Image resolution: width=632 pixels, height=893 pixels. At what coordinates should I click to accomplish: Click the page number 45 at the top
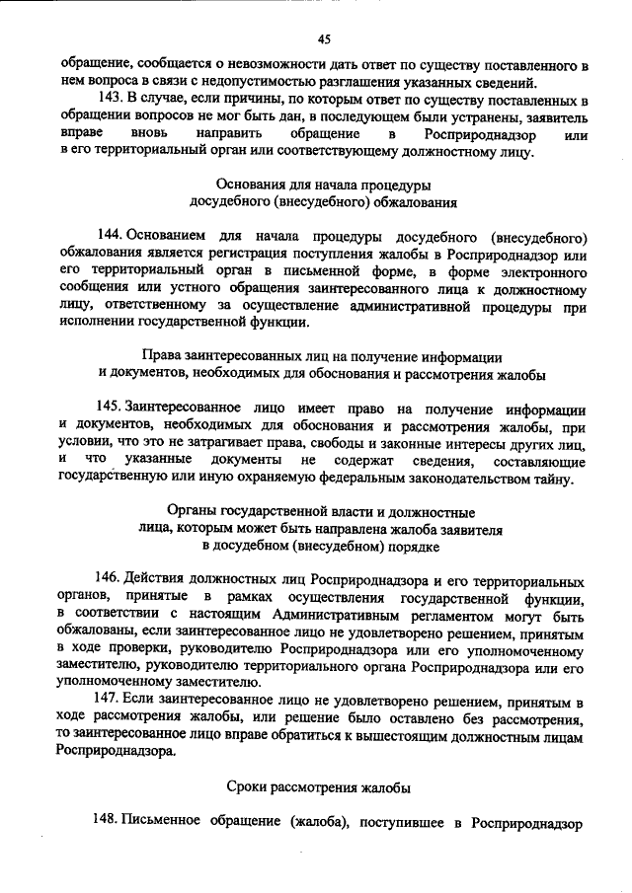pyautogui.click(x=324, y=38)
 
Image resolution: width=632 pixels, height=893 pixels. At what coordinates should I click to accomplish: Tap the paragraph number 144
pyautogui.click(x=110, y=237)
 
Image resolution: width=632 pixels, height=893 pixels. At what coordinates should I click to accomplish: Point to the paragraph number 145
pyautogui.click(x=110, y=409)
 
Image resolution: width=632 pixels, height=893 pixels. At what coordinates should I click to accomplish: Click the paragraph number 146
pyautogui.click(x=110, y=575)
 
